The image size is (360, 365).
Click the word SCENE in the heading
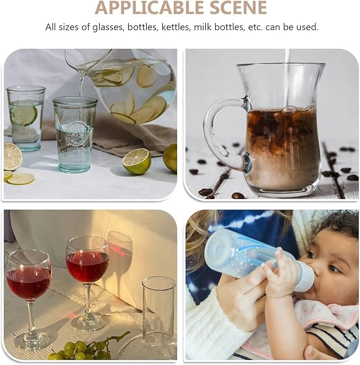(x=238, y=7)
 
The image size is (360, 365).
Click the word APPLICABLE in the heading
(x=150, y=7)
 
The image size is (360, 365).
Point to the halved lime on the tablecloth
(x=136, y=161)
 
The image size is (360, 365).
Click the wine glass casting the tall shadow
(x=87, y=282)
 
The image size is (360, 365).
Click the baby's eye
(x=334, y=269)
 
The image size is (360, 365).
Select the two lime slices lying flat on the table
(x=19, y=177)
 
